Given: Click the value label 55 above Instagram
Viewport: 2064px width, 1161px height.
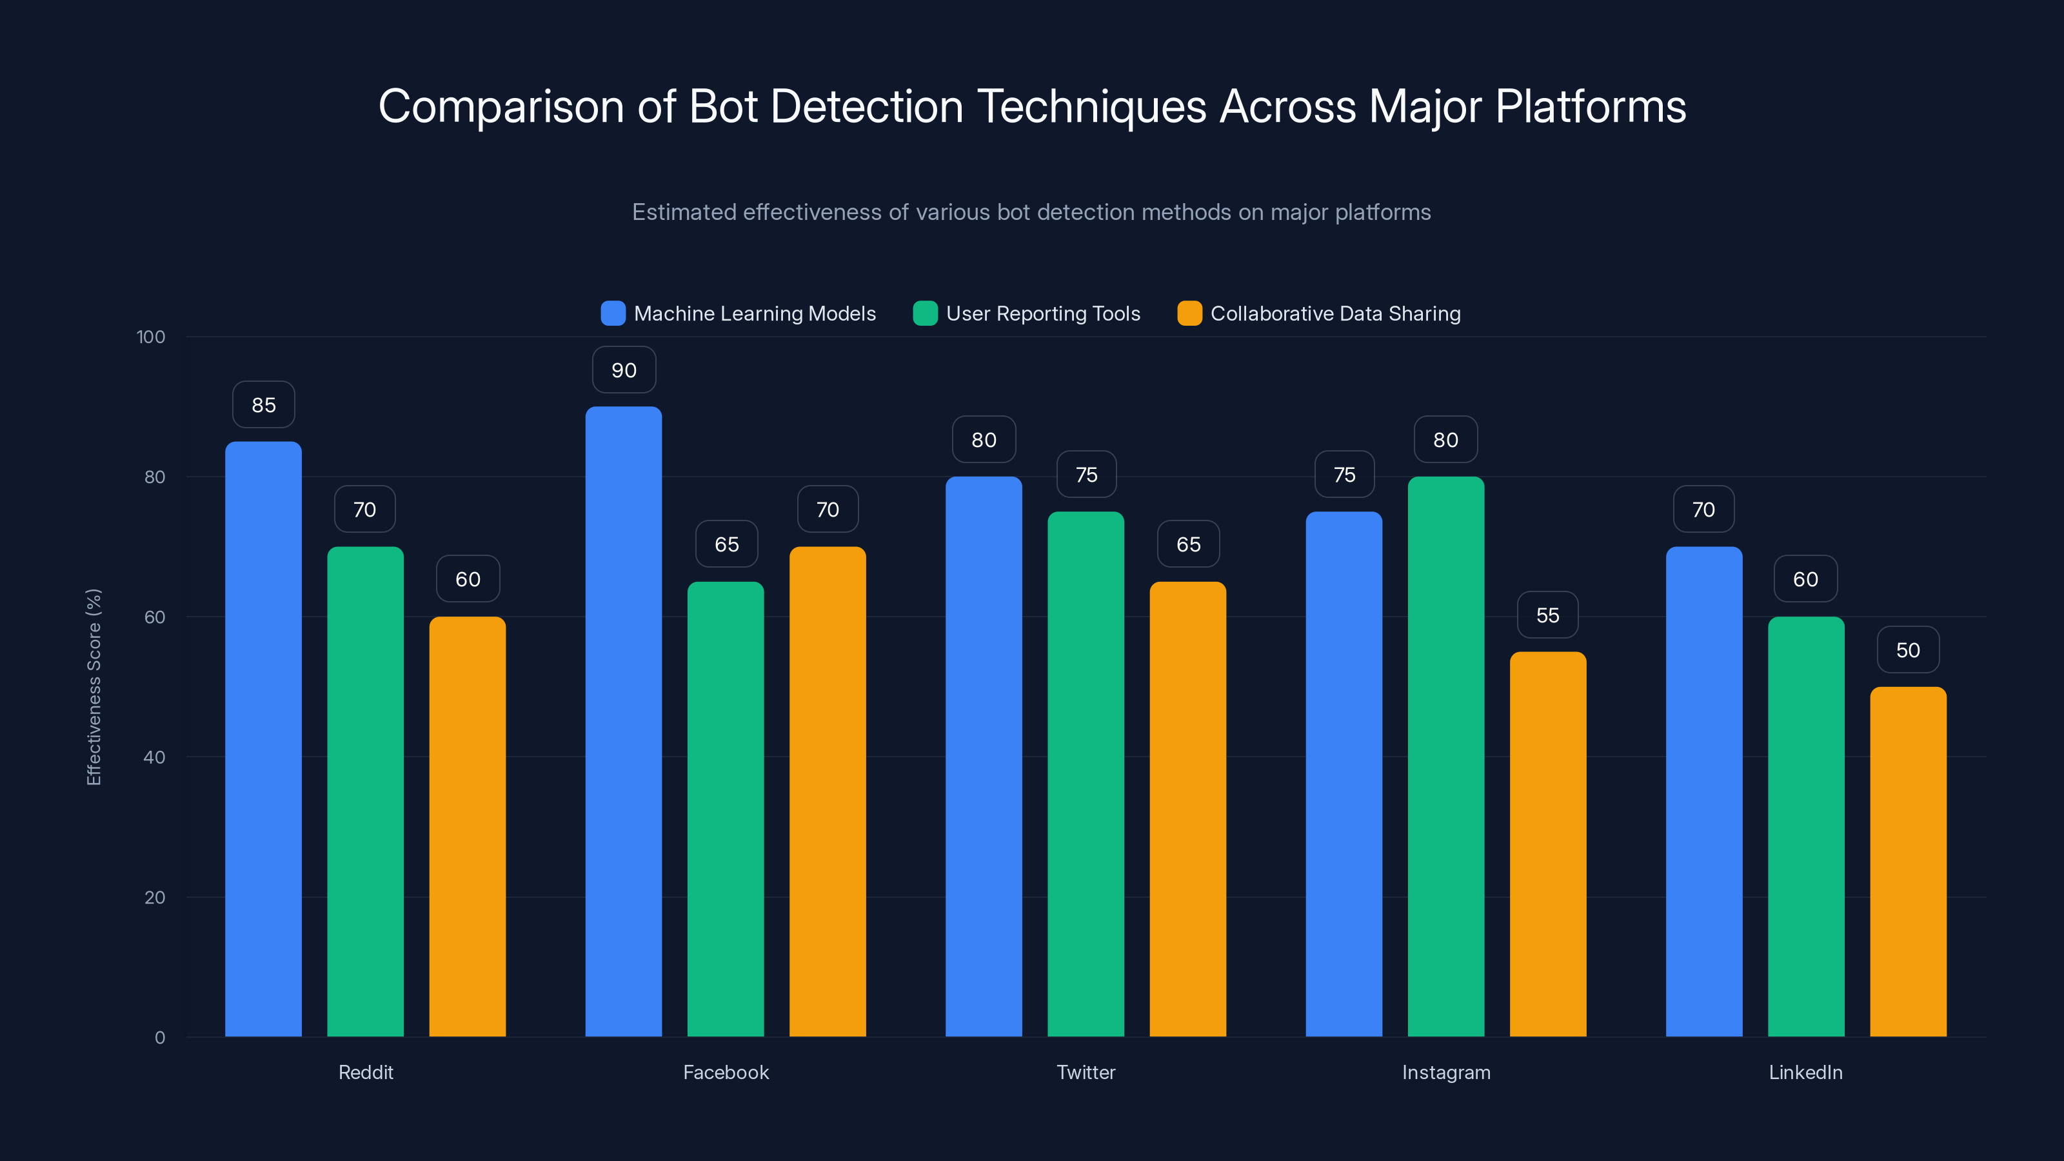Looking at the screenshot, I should (x=1547, y=615).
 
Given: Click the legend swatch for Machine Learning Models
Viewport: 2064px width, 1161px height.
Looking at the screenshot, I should (x=613, y=313).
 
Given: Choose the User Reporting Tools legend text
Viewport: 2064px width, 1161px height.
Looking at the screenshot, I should (x=1042, y=313).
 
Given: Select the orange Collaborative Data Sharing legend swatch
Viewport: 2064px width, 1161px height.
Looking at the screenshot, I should (x=1190, y=313).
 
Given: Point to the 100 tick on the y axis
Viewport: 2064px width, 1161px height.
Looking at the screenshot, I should (x=151, y=337).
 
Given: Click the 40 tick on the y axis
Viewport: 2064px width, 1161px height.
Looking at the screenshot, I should (x=154, y=757).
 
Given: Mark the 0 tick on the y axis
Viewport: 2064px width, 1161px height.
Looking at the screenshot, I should (x=159, y=1038).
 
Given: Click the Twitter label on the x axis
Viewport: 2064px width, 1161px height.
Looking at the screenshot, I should (x=1086, y=1072).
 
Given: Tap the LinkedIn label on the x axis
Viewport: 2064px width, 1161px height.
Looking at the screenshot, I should (x=1805, y=1072).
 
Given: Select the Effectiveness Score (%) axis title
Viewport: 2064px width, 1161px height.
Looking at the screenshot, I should (x=94, y=687).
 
